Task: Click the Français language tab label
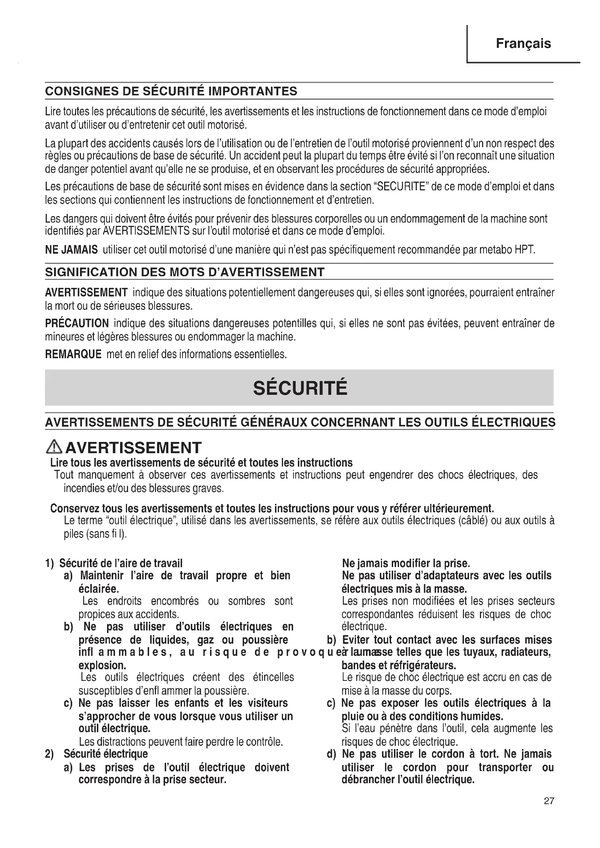point(523,44)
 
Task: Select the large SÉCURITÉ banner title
point(300,388)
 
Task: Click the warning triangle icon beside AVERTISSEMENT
point(54,447)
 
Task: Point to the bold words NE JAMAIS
point(71,250)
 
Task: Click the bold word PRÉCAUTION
point(77,323)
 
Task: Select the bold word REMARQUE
point(73,355)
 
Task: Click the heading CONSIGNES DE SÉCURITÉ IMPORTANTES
point(171,91)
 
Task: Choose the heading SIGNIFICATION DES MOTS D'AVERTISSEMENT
point(185,272)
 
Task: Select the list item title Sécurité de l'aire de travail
point(121,563)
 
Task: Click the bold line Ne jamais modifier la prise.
point(406,563)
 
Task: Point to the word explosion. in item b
point(102,666)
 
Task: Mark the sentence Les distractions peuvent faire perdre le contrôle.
point(181,742)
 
